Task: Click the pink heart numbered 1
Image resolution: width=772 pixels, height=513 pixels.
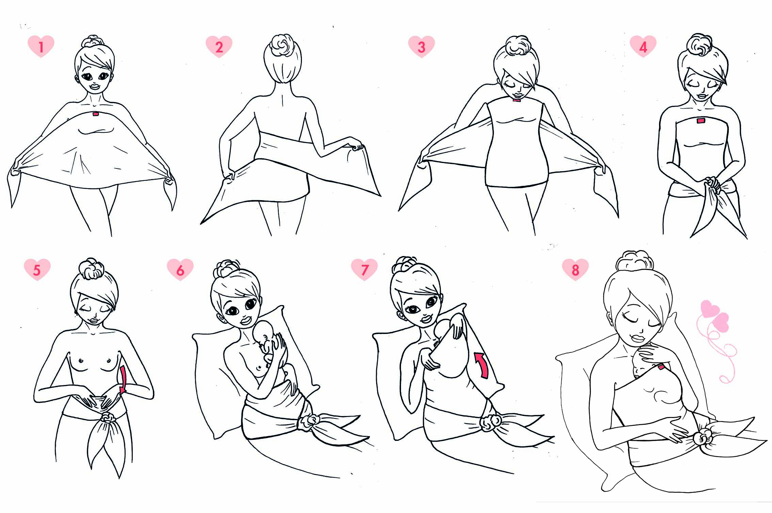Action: click(x=41, y=46)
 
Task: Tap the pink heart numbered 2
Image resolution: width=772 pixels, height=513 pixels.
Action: click(x=219, y=46)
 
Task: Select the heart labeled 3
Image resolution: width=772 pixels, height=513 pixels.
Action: click(x=421, y=46)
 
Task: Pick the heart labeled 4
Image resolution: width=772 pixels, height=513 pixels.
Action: click(x=643, y=46)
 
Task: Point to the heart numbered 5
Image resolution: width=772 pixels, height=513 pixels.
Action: click(x=37, y=269)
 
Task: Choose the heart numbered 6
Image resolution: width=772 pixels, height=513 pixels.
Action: click(x=180, y=269)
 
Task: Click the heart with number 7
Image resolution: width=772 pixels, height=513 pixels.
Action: click(x=364, y=269)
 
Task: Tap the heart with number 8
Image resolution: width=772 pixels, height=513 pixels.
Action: click(x=575, y=269)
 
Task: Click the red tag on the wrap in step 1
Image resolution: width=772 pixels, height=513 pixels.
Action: click(x=95, y=114)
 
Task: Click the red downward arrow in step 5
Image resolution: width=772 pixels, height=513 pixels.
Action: click(x=123, y=379)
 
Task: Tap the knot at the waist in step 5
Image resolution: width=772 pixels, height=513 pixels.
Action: click(x=108, y=417)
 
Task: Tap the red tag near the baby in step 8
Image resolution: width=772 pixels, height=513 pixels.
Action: click(x=661, y=367)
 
